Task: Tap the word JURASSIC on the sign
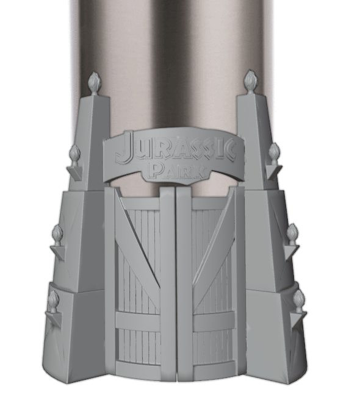pyautogui.click(x=176, y=151)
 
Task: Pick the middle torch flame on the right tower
pyautogui.click(x=292, y=232)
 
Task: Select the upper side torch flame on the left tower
pyautogui.click(x=74, y=153)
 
